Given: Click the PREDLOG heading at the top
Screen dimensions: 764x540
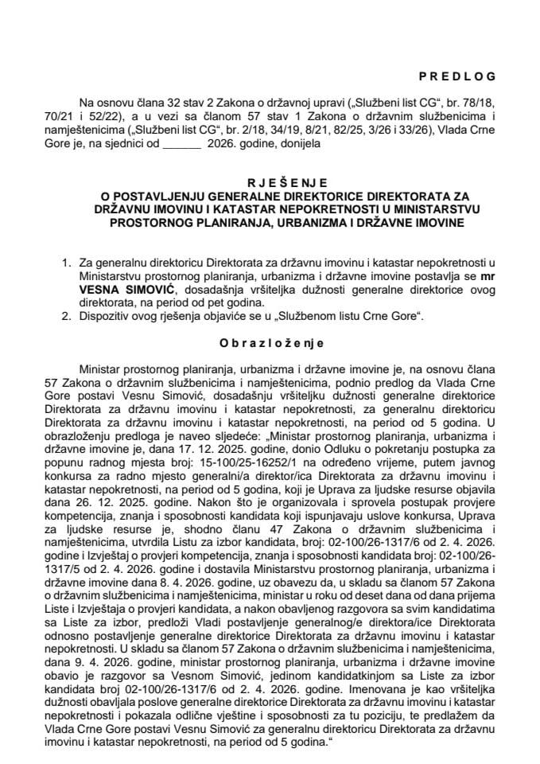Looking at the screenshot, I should [x=456, y=76].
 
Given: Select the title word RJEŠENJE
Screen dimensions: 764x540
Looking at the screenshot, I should [x=270, y=181].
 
